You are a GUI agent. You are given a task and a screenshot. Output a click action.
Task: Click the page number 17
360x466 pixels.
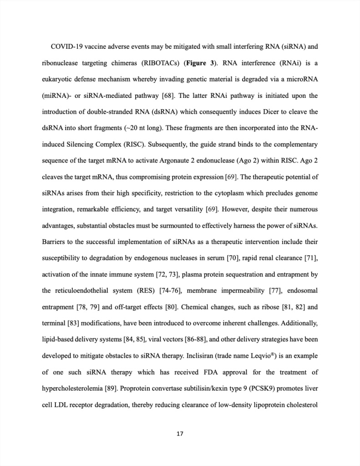(180, 434)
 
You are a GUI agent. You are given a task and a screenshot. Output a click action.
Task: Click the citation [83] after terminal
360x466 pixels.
(75, 324)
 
